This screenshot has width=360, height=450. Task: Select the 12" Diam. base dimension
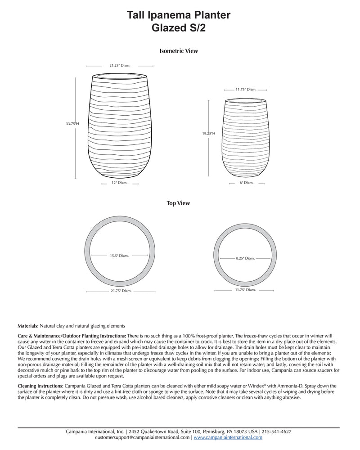point(120,183)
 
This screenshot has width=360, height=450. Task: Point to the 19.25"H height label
point(209,133)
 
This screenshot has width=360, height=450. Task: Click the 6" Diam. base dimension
point(246,183)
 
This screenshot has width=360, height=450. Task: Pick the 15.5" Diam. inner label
point(119,256)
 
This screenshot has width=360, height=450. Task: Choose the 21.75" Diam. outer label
point(120,291)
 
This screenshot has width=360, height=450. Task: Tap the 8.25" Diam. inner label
point(245,258)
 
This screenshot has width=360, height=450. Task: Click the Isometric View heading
point(179,51)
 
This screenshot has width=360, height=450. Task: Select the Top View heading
point(179,203)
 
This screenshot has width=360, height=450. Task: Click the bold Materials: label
point(28,325)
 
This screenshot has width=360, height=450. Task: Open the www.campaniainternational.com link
point(228,437)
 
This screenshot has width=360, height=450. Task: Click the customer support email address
point(143,437)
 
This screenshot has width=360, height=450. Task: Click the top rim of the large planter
point(120,75)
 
